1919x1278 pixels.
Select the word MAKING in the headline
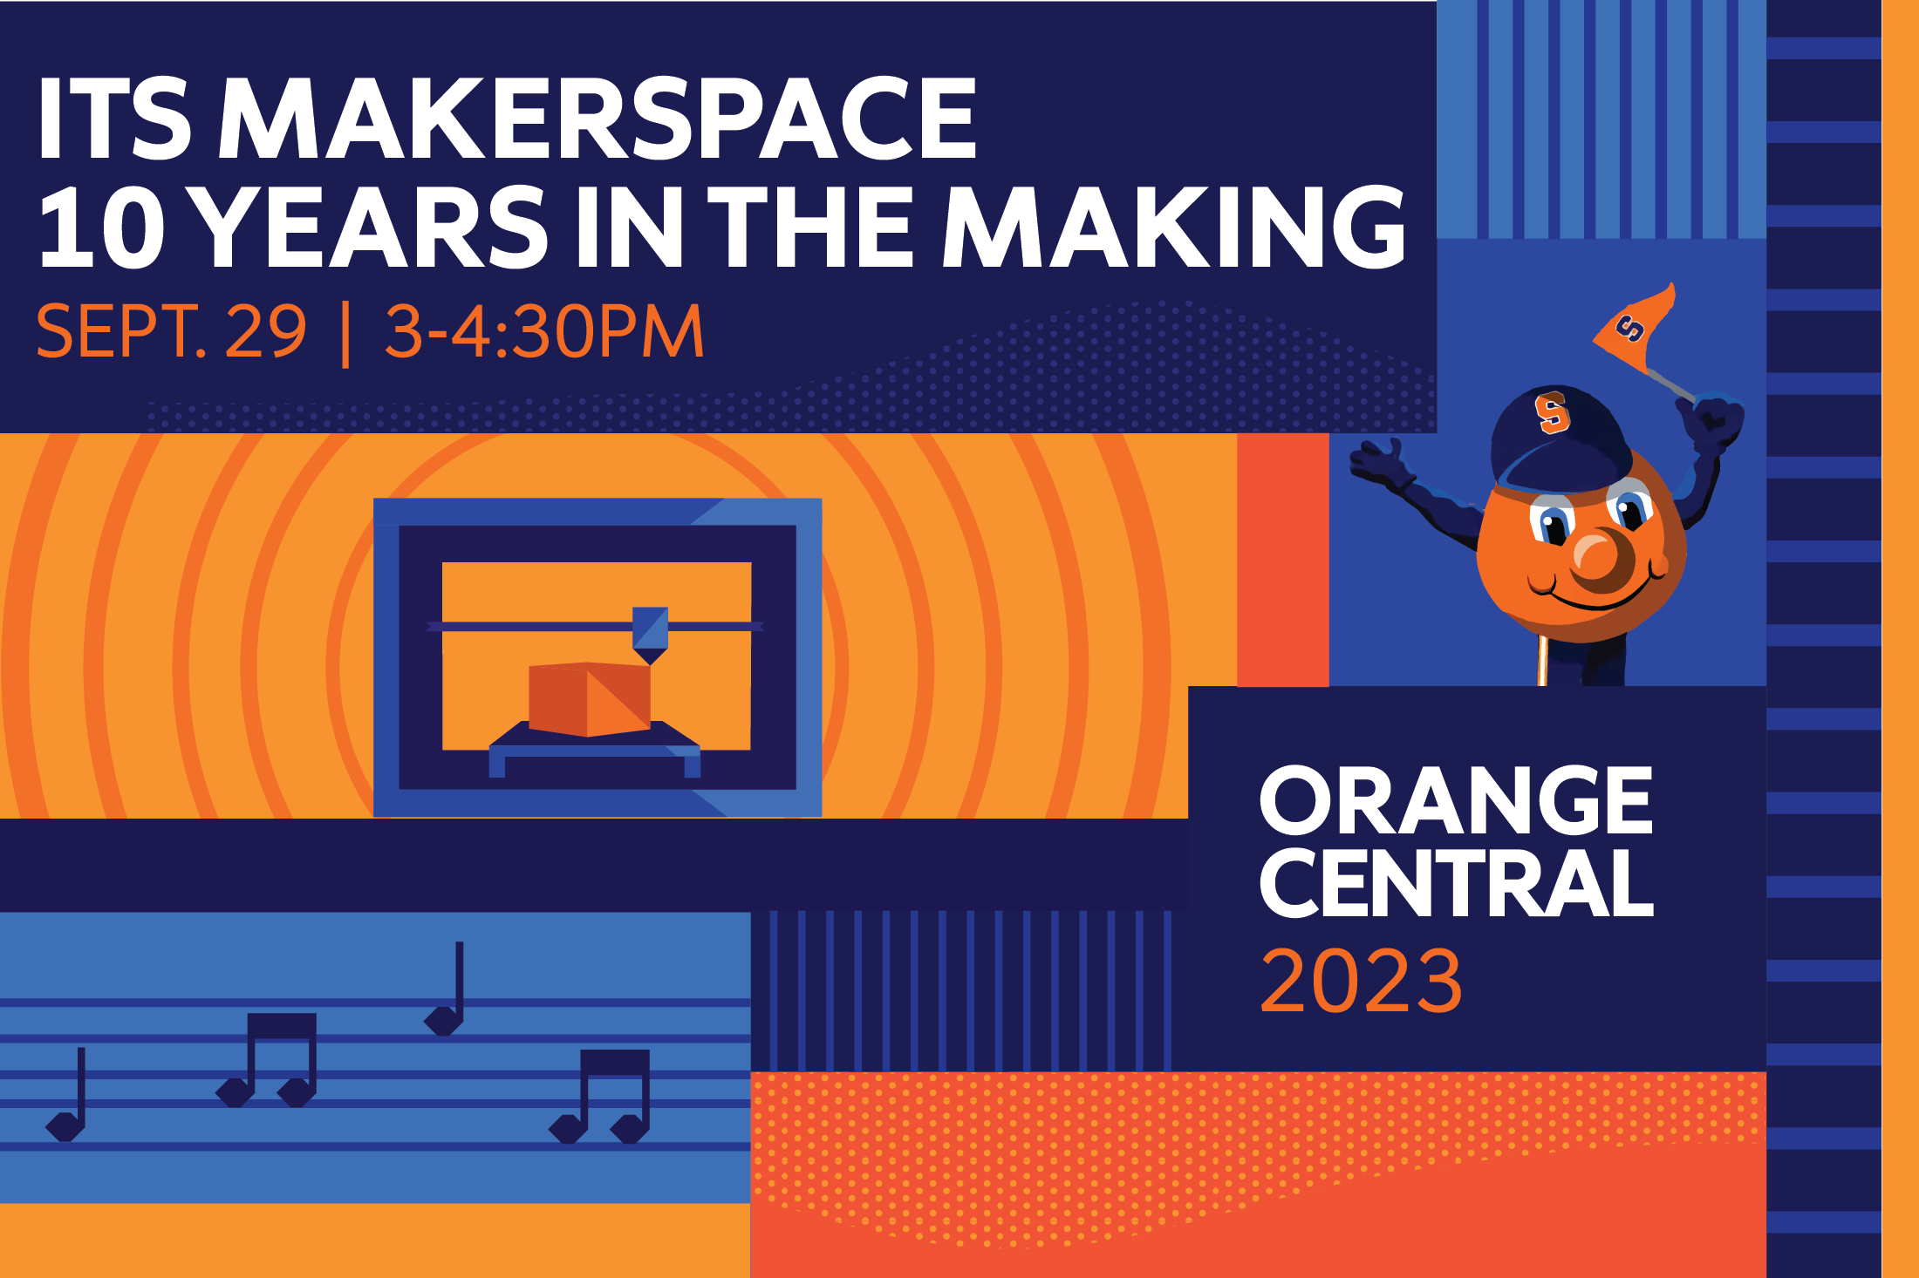click(x=1174, y=228)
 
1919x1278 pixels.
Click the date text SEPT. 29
click(x=171, y=331)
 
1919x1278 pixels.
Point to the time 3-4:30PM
click(x=544, y=331)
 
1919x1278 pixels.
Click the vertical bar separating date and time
click(x=346, y=333)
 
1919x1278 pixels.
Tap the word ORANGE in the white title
click(x=1456, y=800)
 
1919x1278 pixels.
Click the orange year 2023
click(x=1361, y=981)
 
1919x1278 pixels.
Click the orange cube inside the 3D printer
click(x=590, y=699)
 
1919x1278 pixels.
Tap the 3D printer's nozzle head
click(x=650, y=635)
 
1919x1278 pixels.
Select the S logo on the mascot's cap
click(x=1552, y=412)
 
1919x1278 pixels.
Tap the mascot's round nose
click(x=1598, y=555)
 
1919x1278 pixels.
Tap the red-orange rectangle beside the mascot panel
click(x=1283, y=560)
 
